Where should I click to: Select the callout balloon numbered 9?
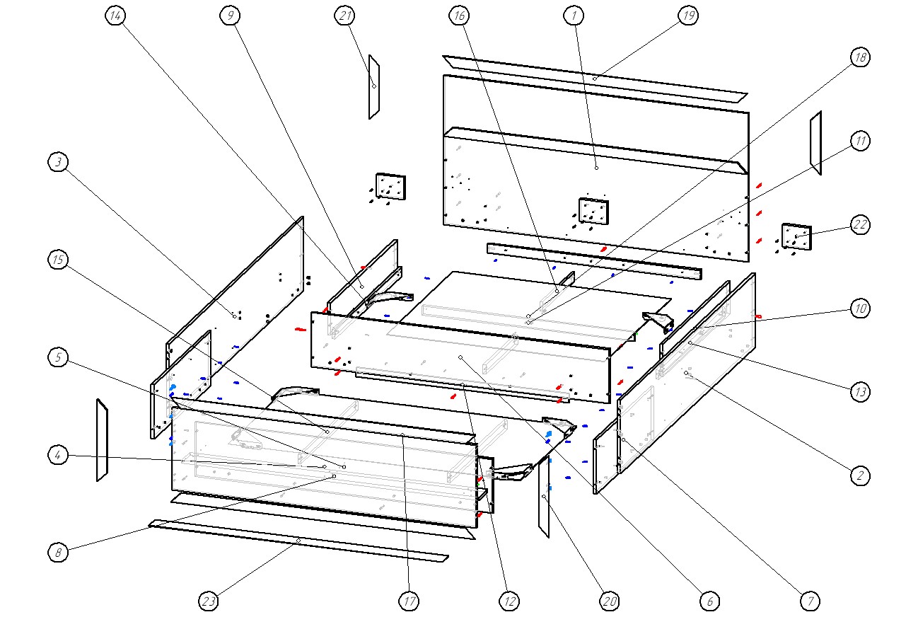(x=228, y=16)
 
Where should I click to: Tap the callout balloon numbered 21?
(x=344, y=16)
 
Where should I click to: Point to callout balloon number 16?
(x=458, y=16)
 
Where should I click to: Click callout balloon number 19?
(x=688, y=16)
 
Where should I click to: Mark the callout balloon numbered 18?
(x=859, y=58)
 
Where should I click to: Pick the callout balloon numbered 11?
(x=859, y=141)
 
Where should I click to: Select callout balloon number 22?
(x=859, y=225)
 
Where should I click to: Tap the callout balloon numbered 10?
(x=859, y=308)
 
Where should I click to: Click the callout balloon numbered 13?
(x=859, y=391)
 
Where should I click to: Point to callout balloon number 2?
(x=859, y=475)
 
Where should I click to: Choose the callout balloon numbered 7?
(x=810, y=601)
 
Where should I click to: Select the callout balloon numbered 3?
(x=59, y=163)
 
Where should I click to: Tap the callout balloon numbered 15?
(x=59, y=260)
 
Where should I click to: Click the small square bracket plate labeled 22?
(x=796, y=236)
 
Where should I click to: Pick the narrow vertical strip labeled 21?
(x=374, y=87)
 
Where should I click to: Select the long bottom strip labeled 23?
(x=298, y=541)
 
